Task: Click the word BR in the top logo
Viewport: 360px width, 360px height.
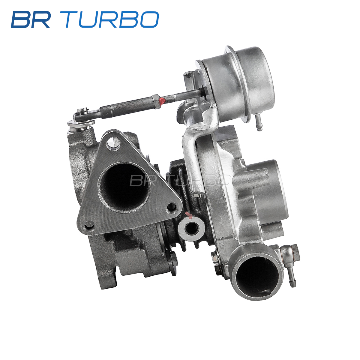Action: pyautogui.click(x=31, y=19)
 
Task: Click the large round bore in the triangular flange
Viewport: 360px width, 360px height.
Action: pyautogui.click(x=124, y=188)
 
